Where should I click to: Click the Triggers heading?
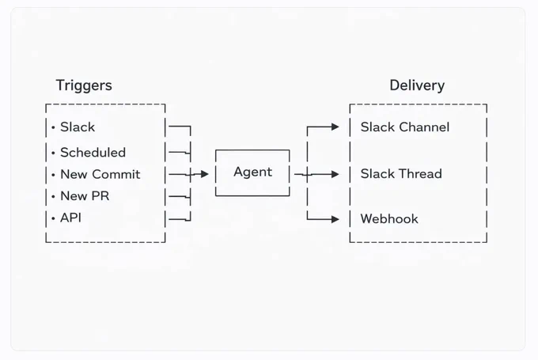pyautogui.click(x=84, y=85)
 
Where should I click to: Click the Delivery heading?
pyautogui.click(x=417, y=85)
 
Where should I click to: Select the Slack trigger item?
pyautogui.click(x=78, y=127)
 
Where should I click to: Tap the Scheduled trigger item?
pyautogui.click(x=93, y=153)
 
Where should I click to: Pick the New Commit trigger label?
pyautogui.click(x=100, y=174)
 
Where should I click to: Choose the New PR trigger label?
pyautogui.click(x=85, y=196)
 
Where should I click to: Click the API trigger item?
pyautogui.click(x=70, y=218)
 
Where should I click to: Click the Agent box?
pyautogui.click(x=252, y=173)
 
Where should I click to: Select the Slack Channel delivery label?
pyautogui.click(x=405, y=127)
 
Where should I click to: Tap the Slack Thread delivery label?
pyautogui.click(x=401, y=173)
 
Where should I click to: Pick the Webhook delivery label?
pyautogui.click(x=389, y=218)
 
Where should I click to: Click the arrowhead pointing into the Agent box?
pyautogui.click(x=204, y=174)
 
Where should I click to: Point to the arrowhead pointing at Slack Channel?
pyautogui.click(x=335, y=127)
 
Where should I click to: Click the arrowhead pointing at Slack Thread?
pyautogui.click(x=335, y=174)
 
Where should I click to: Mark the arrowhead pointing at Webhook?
pyautogui.click(x=335, y=219)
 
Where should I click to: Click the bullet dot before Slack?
pyautogui.click(x=53, y=127)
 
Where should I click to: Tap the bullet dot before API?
pyautogui.click(x=53, y=218)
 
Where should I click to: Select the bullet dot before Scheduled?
pyautogui.click(x=53, y=153)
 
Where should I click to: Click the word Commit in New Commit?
pyautogui.click(x=116, y=174)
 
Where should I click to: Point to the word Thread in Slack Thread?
pyautogui.click(x=421, y=173)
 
